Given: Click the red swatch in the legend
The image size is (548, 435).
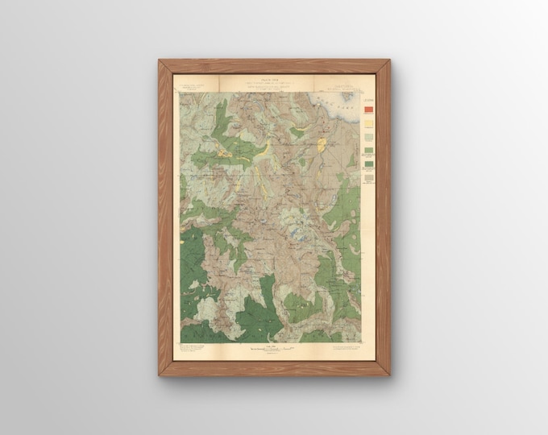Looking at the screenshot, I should click(x=369, y=110).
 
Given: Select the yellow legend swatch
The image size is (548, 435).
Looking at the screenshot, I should click(x=369, y=124).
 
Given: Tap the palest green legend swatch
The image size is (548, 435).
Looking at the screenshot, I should click(x=369, y=137).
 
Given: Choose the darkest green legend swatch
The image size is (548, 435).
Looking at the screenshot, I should click(x=369, y=164).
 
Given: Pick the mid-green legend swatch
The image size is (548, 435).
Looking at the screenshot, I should click(x=369, y=150).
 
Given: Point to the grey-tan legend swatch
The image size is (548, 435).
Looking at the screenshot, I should click(x=369, y=177).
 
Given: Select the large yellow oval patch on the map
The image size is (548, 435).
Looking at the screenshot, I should click(x=322, y=146).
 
